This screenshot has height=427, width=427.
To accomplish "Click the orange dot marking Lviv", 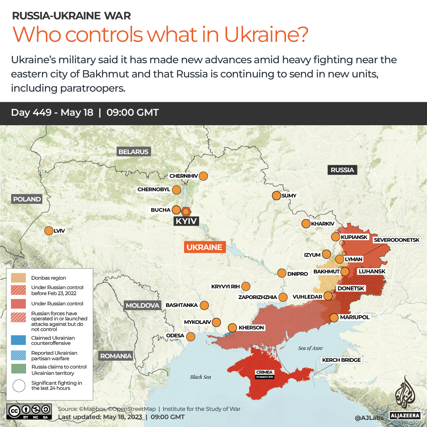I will tap(49, 231).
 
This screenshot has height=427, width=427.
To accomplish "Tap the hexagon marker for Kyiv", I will tap(186, 211).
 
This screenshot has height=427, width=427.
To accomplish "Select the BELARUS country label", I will tap(133, 152).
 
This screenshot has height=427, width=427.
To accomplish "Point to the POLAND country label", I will tap(27, 199).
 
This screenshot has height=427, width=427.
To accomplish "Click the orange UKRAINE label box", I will tap(204, 247).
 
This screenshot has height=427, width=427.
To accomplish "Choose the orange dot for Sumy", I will tap(276, 196).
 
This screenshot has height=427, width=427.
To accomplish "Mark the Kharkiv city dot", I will tap(306, 224).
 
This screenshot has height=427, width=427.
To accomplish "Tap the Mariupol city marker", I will tap(334, 317).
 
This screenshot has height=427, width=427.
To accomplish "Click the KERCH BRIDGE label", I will tap(342, 360).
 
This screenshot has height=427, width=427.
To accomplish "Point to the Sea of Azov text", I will tap(310, 348).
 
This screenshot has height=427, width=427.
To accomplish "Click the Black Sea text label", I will tap(201, 377).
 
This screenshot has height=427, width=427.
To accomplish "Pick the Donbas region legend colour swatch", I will tap(19, 278).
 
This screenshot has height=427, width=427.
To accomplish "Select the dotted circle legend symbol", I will tap(19, 386).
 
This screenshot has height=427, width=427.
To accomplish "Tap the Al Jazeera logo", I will tap(406, 397).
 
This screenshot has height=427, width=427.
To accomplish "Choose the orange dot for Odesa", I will tap(190, 337).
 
